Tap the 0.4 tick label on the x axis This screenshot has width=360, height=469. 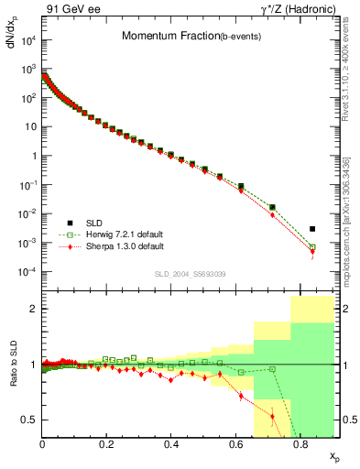(x=171, y=444)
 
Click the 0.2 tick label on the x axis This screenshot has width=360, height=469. (x=106, y=444)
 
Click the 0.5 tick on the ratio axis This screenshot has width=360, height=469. (x=30, y=420)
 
